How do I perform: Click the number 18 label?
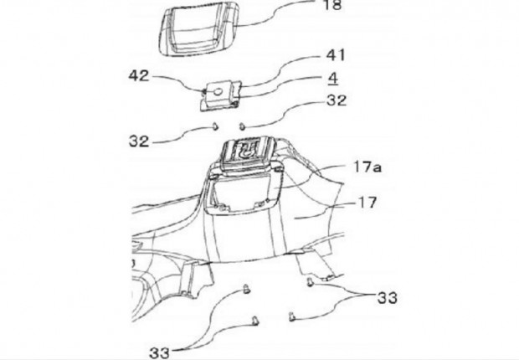pos(332,5)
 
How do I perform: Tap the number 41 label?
pos(336,55)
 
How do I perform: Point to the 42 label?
pos(139,76)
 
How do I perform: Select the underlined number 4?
pos(333,78)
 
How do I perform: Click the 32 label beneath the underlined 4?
pos(337,100)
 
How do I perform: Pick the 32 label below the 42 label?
pos(139,141)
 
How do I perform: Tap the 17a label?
pos(367,167)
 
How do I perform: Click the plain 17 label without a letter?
pos(367,203)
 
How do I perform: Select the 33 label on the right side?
pos(388,298)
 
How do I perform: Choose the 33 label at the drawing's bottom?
pos(159,352)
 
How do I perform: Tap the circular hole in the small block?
pos(218,92)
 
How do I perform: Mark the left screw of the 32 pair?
pos(215,126)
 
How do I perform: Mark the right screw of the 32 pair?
pos(242,126)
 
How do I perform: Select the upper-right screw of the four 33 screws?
pos(310,282)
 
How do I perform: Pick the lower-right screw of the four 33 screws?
pos(291,316)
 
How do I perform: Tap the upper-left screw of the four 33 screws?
pos(247,289)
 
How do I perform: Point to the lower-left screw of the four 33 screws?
pos(255,321)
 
